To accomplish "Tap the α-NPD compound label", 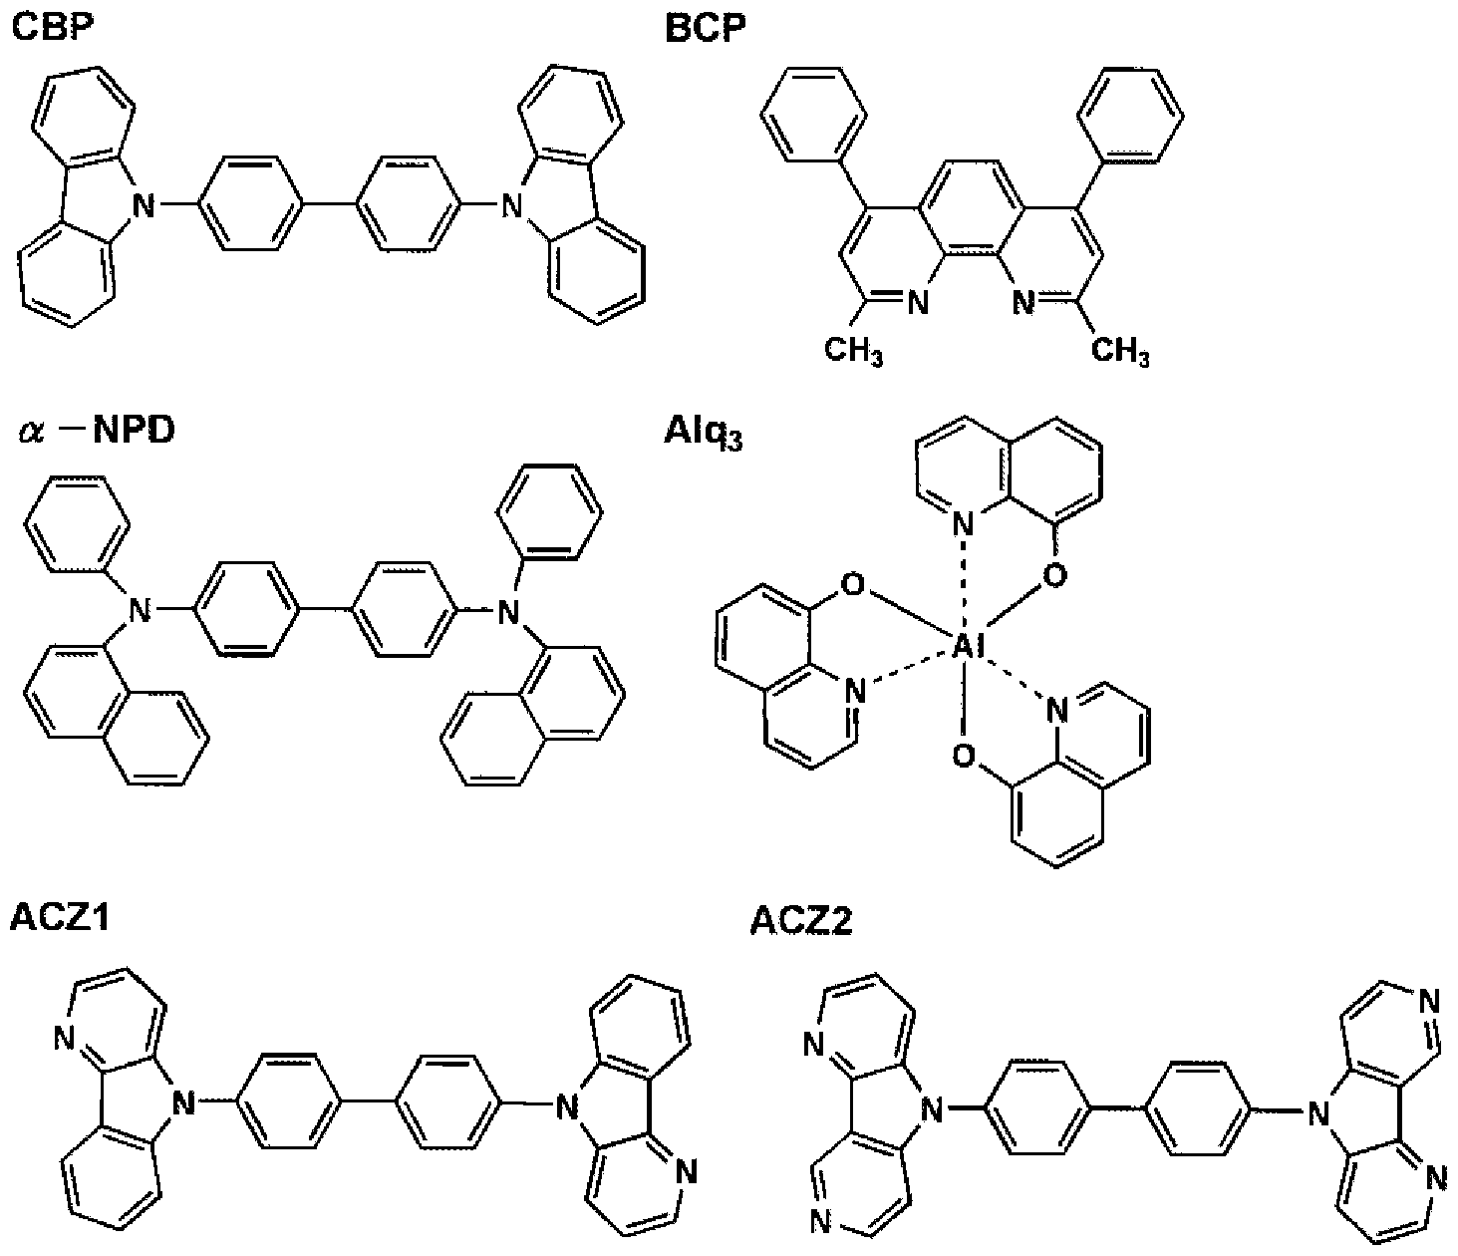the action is (x=97, y=430).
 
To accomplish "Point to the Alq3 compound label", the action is (x=704, y=433).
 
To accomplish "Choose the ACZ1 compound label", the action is (x=60, y=918).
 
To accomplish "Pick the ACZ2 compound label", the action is (x=800, y=920).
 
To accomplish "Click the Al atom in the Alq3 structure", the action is (x=967, y=646).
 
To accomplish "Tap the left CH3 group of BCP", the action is (x=853, y=351).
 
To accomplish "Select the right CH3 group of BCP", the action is (x=1120, y=351).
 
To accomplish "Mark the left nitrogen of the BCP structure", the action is (x=917, y=303).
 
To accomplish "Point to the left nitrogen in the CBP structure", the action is (x=144, y=206).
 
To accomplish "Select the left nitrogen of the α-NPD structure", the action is (x=140, y=610).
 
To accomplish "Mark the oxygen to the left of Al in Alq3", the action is (x=853, y=585).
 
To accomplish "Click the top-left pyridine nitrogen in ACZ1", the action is (x=64, y=1038).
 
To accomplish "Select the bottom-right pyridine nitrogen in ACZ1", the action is (x=685, y=1172).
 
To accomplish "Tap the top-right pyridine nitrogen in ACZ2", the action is (x=1427, y=1001).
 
